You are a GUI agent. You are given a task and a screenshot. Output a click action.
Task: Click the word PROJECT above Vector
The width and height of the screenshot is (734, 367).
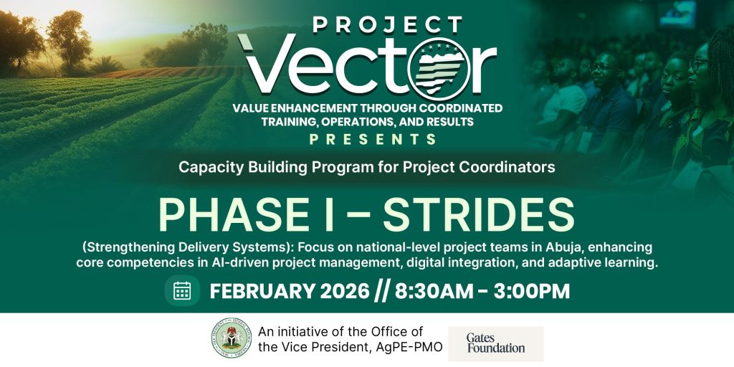(x=387, y=24)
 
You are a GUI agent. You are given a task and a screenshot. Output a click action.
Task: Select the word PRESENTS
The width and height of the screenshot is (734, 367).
(x=366, y=140)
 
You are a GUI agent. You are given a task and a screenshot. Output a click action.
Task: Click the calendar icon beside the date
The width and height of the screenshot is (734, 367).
(x=182, y=291)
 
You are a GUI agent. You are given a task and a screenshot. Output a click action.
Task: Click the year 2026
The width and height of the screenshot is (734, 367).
(x=344, y=291)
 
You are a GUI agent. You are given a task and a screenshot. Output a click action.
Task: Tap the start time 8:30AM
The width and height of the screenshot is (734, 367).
(x=434, y=291)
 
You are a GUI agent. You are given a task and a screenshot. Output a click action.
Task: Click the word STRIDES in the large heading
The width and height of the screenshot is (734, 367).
(x=479, y=215)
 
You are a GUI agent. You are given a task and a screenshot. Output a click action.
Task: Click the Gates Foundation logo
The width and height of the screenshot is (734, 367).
(x=496, y=343)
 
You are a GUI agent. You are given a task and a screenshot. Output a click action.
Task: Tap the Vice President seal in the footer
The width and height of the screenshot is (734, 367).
(x=232, y=338)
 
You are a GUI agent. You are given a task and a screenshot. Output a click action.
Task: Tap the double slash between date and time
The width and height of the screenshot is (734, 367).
(x=382, y=291)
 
